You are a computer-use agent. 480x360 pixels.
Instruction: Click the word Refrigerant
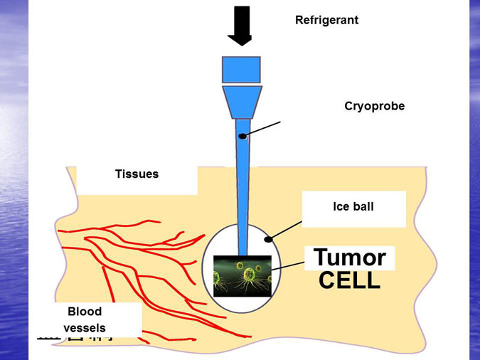pyautogui.click(x=326, y=20)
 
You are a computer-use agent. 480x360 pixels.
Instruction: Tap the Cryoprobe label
pyautogui.click(x=374, y=106)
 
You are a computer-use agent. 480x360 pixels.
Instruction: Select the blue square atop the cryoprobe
pyautogui.click(x=241, y=69)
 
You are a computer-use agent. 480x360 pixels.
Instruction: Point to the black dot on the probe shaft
pyautogui.click(x=242, y=136)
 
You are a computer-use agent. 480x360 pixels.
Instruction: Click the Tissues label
pyautogui.click(x=137, y=174)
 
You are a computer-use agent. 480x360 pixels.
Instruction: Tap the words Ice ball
pyautogui.click(x=353, y=207)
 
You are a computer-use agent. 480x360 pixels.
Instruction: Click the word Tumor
pyautogui.click(x=349, y=257)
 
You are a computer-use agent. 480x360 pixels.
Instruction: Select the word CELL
pyautogui.click(x=349, y=280)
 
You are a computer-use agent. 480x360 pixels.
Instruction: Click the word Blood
pyautogui.click(x=85, y=312)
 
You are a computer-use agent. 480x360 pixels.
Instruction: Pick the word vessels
pyautogui.click(x=85, y=328)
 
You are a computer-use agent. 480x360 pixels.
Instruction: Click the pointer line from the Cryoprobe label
pyautogui.click(x=263, y=129)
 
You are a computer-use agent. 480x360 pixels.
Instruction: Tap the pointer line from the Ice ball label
pyautogui.click(x=287, y=230)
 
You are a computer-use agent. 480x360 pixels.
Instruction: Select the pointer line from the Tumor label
pyautogui.click(x=287, y=265)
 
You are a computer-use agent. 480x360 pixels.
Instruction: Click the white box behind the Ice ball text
pyautogui.click(x=384, y=217)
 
